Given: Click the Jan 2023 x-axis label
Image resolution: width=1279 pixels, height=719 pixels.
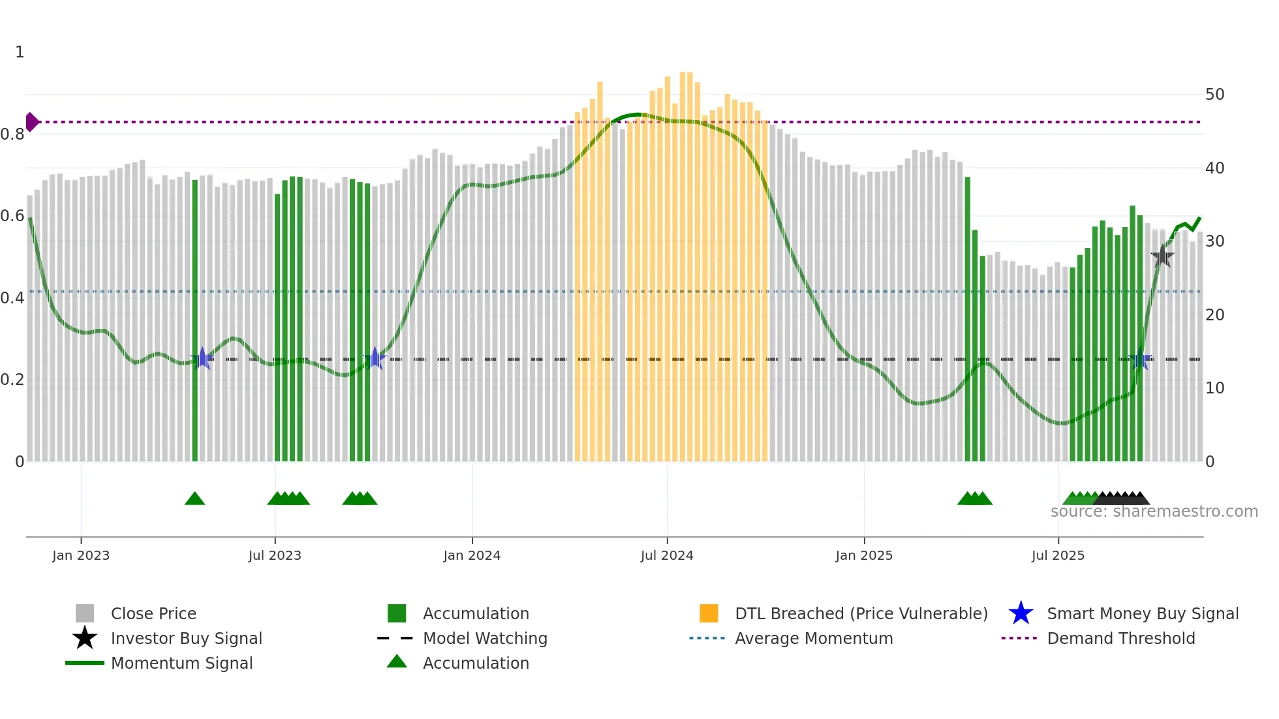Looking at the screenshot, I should pos(81,555).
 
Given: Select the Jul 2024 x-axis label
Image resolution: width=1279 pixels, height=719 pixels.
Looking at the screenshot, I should pos(667,555).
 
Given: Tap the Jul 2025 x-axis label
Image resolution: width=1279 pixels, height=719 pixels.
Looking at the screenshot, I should pos(1058,555).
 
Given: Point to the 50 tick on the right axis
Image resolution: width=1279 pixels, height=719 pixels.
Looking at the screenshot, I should pos(1214,95).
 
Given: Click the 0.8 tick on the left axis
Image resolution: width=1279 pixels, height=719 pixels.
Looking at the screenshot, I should pos(12,134).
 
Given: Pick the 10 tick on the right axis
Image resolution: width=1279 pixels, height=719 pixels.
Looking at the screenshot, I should pos(1214,388).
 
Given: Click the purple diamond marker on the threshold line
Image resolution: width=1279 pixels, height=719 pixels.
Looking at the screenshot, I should pos(31,122).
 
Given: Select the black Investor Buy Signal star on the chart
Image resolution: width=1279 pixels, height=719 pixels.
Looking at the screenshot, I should pos(1162,256).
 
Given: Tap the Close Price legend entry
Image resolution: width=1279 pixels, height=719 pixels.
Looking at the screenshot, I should pos(153,613).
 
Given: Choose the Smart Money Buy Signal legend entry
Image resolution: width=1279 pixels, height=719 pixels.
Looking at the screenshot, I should pos(1143,613).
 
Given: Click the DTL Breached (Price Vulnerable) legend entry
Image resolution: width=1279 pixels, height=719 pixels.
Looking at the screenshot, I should pos(861,613).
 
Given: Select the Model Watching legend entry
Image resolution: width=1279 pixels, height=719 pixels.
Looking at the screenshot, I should pos(485,638).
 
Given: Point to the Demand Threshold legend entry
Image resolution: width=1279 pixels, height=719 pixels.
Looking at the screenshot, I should pos(1120,638).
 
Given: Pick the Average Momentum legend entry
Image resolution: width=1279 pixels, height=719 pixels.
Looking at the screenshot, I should pos(814,638).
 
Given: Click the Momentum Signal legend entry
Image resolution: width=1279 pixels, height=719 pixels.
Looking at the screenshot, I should pos(181,663).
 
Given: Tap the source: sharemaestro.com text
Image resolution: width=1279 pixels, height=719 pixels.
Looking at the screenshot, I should pos(1154,512).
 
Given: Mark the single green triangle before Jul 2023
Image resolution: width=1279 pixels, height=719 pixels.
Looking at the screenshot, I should pos(194,499).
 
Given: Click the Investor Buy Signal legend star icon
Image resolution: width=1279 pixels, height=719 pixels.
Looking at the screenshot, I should pos(85,638).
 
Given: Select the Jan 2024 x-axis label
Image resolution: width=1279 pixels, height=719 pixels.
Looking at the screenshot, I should pos(472,555).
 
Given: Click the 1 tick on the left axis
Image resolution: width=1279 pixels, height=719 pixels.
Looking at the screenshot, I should pos(20,52).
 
